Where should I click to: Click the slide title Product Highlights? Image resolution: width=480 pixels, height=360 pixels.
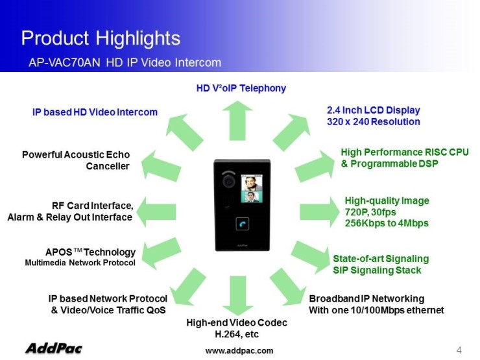coord(101,38)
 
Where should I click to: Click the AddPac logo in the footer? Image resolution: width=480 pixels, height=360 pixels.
coord(54,348)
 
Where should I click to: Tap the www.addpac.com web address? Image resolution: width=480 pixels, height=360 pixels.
coord(239,351)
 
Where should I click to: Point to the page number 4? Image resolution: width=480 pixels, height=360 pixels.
coord(459,350)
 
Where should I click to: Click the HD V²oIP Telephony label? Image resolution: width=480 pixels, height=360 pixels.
coord(241,88)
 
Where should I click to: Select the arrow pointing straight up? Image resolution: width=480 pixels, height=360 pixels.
coord(237,121)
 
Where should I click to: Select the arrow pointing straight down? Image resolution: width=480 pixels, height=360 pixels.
coord(237,295)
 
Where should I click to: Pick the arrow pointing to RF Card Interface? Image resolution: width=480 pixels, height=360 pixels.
coord(156,212)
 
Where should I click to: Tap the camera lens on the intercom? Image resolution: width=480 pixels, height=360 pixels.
coord(228,181)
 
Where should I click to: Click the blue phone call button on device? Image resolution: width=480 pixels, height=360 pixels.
coord(242,224)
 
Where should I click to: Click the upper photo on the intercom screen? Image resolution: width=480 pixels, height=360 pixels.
coord(252,183)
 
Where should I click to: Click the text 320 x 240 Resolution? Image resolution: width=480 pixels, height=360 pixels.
coord(374,122)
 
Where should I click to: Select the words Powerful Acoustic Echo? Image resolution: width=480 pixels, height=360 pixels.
coord(76,155)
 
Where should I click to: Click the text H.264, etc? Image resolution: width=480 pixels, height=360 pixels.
coord(237,334)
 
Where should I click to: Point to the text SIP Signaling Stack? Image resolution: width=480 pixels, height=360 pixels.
coord(377,270)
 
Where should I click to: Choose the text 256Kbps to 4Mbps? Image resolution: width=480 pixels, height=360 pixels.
coord(387,223)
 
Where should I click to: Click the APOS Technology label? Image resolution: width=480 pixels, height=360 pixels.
coord(90,252)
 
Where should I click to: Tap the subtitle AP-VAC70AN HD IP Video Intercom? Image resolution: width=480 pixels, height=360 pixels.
coord(125,62)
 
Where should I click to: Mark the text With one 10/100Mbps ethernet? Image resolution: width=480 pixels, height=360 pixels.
coord(376,310)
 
